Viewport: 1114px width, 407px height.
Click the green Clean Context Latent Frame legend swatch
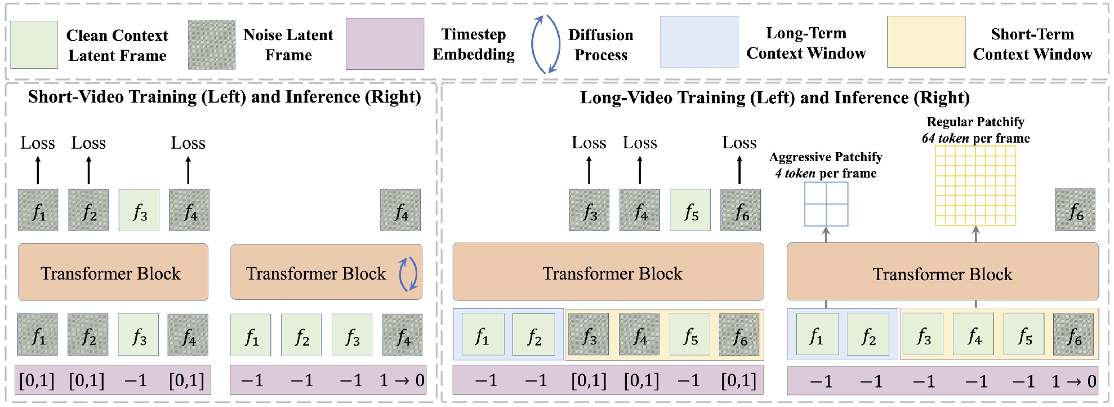34,45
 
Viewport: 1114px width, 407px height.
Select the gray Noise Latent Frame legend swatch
212,45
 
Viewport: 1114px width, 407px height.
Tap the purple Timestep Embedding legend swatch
385,44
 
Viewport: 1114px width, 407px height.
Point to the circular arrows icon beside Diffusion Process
545,44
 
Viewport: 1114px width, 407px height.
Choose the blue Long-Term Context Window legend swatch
699,42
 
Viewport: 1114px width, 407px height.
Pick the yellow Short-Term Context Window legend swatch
926,42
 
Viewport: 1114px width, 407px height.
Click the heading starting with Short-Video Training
224,97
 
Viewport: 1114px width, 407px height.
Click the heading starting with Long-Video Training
774,98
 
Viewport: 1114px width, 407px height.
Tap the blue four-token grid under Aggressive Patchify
826,205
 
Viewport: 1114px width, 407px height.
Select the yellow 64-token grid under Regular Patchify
975,185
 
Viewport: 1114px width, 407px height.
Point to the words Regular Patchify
975,122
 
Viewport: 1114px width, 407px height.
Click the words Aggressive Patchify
825,157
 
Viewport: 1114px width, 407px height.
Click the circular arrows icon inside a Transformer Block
408,274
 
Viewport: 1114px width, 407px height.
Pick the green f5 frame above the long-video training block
690,210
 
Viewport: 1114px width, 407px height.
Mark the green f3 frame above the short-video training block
139,210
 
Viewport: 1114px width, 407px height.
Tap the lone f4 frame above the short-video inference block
400,210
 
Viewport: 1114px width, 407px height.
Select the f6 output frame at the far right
1075,210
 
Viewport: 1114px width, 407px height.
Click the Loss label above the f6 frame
739,143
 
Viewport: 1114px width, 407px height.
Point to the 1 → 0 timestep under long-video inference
1073,382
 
